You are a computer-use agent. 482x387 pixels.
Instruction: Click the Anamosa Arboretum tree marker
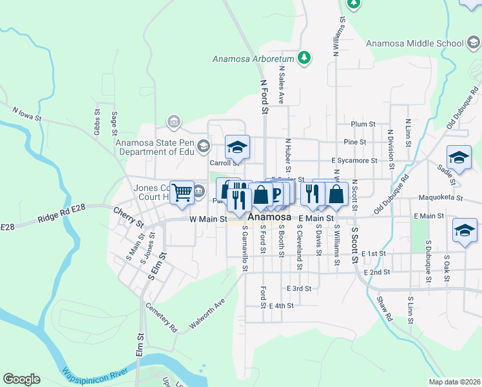pyautogui.click(x=305, y=58)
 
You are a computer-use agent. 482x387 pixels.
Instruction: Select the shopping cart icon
pyautogui.click(x=182, y=192)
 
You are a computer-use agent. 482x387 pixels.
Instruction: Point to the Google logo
pyautogui.click(x=21, y=379)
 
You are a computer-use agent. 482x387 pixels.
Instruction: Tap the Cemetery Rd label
pyautogui.click(x=161, y=317)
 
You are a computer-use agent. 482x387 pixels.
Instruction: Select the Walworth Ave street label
pyautogui.click(x=207, y=314)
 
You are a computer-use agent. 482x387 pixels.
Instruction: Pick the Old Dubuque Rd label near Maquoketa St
pyautogui.click(x=392, y=195)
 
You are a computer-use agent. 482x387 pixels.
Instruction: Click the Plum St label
pyautogui.click(x=363, y=124)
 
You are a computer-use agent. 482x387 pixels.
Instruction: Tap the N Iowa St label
pyautogui.click(x=27, y=114)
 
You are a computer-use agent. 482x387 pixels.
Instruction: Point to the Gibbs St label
pyautogui.click(x=97, y=121)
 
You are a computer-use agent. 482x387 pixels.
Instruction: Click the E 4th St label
pyautogui.click(x=282, y=306)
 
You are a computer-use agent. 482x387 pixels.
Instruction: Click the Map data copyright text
pyautogui.click(x=455, y=382)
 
